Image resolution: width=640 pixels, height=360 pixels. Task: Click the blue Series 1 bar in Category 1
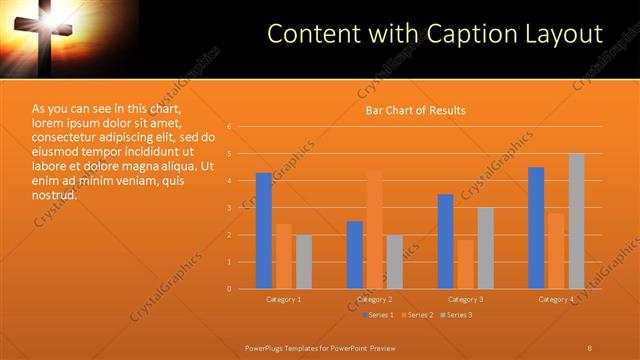(x=264, y=231)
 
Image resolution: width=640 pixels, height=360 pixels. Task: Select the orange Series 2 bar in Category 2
(x=374, y=230)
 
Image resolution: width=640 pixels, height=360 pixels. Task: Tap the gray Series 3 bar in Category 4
(x=576, y=221)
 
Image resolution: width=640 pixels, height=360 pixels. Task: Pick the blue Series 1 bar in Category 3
(x=445, y=241)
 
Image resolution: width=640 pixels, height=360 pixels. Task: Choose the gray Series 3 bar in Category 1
(x=303, y=262)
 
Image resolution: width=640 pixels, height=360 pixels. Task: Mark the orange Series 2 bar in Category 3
(x=465, y=264)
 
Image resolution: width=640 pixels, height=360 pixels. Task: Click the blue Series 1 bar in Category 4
(x=536, y=228)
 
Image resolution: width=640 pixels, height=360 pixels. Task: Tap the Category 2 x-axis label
(x=374, y=299)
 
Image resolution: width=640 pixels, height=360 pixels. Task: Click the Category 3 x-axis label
(x=465, y=299)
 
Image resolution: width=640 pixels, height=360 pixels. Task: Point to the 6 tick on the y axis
(x=229, y=127)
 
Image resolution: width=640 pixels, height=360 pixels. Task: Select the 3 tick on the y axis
(x=229, y=208)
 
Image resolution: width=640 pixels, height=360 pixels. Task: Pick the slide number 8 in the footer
(x=590, y=347)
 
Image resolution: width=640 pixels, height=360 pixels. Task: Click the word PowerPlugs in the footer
(x=265, y=347)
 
